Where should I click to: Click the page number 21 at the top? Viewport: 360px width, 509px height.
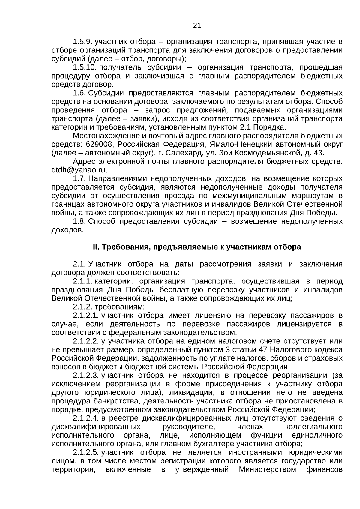[197, 25]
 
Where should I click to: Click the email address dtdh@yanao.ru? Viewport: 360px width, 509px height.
[79, 170]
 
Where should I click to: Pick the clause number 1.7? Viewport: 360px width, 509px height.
[79, 179]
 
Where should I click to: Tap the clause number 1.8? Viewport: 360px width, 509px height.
[79, 222]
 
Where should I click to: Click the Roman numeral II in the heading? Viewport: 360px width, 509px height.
[95, 247]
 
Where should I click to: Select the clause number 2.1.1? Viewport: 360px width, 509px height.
[82, 281]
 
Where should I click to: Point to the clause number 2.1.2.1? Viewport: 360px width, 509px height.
[86, 316]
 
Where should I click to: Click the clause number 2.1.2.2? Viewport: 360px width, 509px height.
[86, 341]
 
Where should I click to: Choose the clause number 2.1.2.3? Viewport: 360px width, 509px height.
[86, 375]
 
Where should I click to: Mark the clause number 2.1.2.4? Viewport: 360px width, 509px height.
[86, 418]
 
